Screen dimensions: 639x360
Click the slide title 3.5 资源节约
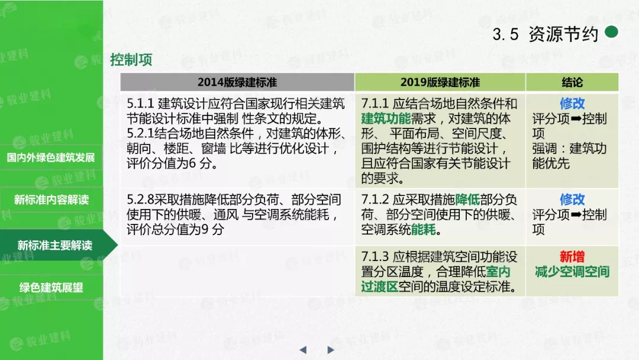[x=545, y=34]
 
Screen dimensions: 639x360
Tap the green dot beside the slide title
[x=611, y=31]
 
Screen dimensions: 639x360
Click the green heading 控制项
[x=131, y=60]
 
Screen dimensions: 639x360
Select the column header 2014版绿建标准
[x=237, y=82]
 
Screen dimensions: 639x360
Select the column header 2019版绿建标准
[x=440, y=82]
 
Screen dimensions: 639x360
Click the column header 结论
[x=572, y=82]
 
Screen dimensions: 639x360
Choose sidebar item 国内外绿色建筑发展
[x=51, y=157]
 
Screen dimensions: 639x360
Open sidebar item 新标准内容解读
[x=51, y=200]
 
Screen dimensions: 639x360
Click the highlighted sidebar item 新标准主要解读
[x=54, y=245]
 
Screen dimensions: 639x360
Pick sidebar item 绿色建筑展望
[x=51, y=287]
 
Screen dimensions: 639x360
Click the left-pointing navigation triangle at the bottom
[x=303, y=350]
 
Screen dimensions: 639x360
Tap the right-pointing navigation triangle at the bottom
[x=331, y=350]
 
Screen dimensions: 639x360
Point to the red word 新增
[x=572, y=256]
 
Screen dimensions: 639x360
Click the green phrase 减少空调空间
[x=572, y=272]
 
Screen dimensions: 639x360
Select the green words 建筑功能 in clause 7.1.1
[x=386, y=118]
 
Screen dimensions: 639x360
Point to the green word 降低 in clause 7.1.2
[x=467, y=200]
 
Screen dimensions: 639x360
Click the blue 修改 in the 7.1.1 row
[x=572, y=104]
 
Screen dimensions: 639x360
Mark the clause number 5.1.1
[x=140, y=104]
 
